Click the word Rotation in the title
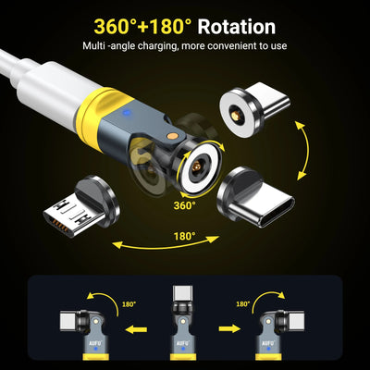click(x=237, y=27)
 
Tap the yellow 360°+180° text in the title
click(x=143, y=27)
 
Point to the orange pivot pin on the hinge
click(x=171, y=135)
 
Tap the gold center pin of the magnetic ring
click(x=195, y=166)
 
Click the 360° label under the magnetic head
click(x=185, y=205)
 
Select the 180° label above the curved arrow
click(x=185, y=237)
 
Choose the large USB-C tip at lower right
click(x=255, y=196)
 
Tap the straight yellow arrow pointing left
click(x=136, y=329)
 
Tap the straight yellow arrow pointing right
click(x=229, y=328)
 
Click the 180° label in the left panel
click(x=129, y=304)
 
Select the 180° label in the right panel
click(x=242, y=304)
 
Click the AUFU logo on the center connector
click(x=183, y=343)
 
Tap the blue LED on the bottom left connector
click(x=95, y=349)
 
